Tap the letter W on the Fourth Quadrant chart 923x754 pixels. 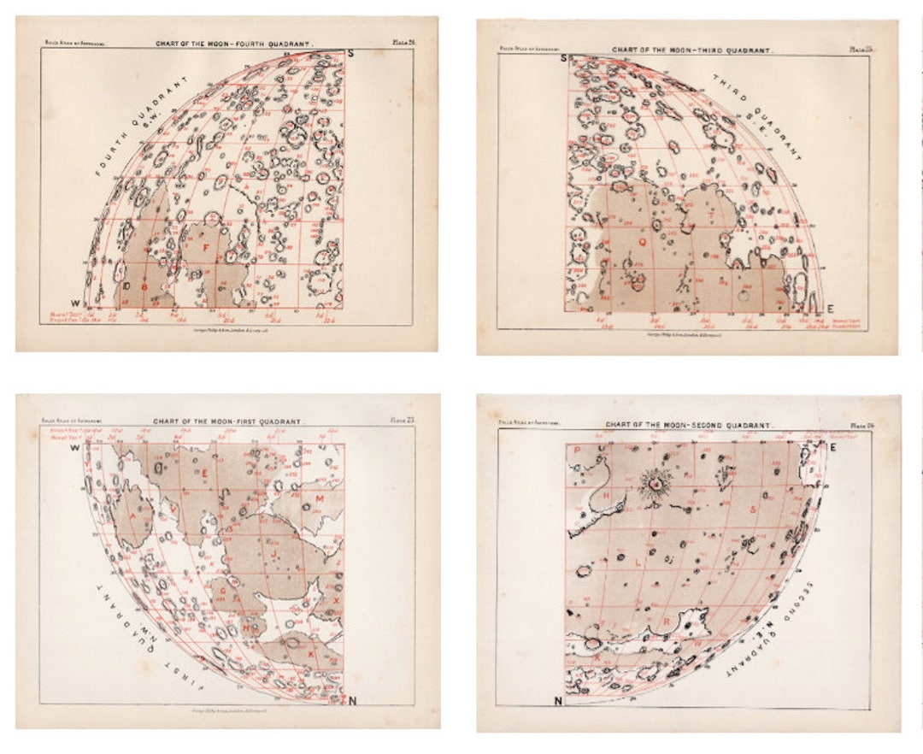click(x=75, y=303)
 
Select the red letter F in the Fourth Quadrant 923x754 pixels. click(x=204, y=248)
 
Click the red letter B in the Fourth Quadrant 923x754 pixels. click(x=144, y=287)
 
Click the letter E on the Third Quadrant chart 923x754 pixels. click(x=830, y=309)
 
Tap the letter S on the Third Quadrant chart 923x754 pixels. click(x=563, y=58)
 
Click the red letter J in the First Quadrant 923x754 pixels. click(x=274, y=553)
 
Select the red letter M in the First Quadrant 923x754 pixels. click(x=320, y=498)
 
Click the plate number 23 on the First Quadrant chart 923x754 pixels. click(x=402, y=419)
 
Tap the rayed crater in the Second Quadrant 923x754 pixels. click(x=654, y=484)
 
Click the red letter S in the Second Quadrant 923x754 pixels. click(x=752, y=510)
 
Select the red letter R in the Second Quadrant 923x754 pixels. click(x=666, y=621)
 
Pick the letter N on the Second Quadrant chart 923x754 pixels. click(x=558, y=702)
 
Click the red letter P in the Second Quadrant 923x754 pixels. click(x=578, y=450)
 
